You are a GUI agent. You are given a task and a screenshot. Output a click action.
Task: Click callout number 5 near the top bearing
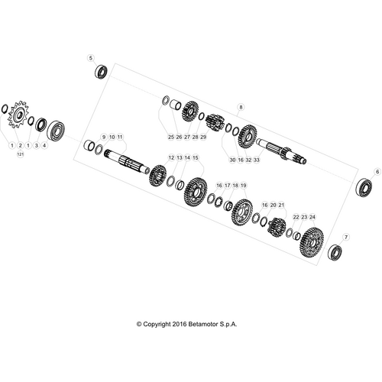pyautogui.click(x=91, y=58)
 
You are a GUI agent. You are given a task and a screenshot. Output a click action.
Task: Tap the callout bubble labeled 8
pyautogui.click(x=241, y=107)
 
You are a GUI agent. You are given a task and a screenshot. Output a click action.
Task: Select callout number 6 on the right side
pyautogui.click(x=377, y=172)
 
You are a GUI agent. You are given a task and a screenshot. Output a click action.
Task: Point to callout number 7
pyautogui.click(x=346, y=238)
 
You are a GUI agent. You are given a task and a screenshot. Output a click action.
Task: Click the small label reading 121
pyautogui.click(x=21, y=154)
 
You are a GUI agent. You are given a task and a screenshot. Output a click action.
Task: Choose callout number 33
pyautogui.click(x=257, y=160)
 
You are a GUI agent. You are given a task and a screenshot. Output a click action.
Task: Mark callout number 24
pyautogui.click(x=312, y=217)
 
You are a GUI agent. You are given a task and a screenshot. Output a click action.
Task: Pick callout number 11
pyautogui.click(x=120, y=137)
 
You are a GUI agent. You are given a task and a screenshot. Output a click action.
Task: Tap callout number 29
pyautogui.click(x=203, y=137)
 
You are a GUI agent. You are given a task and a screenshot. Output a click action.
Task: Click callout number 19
pyautogui.click(x=244, y=186)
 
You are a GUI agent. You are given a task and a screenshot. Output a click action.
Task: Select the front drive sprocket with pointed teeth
pyautogui.click(x=19, y=115)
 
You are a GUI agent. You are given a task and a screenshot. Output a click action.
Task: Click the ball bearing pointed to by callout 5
pyautogui.click(x=102, y=72)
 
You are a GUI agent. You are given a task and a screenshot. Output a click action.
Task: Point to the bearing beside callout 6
pyautogui.click(x=364, y=187)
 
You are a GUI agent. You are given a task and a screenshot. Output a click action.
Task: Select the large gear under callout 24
pyautogui.click(x=312, y=242)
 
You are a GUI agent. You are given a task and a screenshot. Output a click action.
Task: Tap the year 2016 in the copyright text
pyautogui.click(x=180, y=324)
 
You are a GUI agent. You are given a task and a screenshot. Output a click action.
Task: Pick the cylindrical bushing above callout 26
pyautogui.click(x=176, y=105)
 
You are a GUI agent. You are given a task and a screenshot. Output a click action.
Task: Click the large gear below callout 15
pyautogui.click(x=195, y=193)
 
